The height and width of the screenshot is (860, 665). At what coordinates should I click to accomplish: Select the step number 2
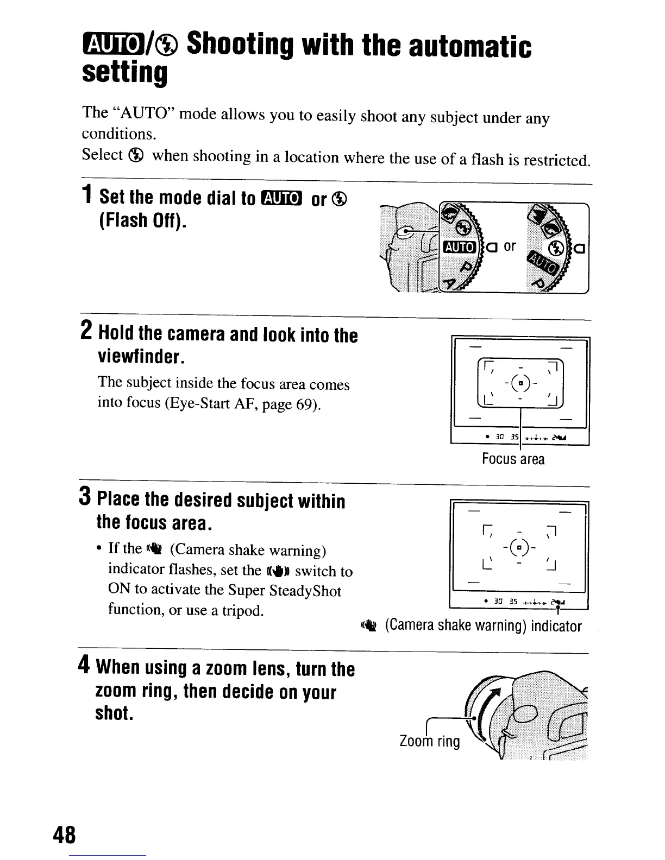pos(86,331)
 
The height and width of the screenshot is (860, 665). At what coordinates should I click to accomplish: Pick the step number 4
pos(84,664)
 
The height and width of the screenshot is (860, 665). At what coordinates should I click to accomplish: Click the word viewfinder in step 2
pos(139,357)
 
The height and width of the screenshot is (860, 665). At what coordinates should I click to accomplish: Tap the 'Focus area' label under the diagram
pos(512,459)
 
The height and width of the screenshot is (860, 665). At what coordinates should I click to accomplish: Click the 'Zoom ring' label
pos(429,742)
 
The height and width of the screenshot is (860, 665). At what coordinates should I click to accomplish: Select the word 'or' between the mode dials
pos(509,246)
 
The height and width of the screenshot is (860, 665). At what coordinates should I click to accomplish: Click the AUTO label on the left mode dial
pos(460,248)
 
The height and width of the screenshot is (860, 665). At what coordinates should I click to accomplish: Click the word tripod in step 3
pos(240,611)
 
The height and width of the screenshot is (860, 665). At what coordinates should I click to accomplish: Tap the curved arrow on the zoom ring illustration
pos(493,699)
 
